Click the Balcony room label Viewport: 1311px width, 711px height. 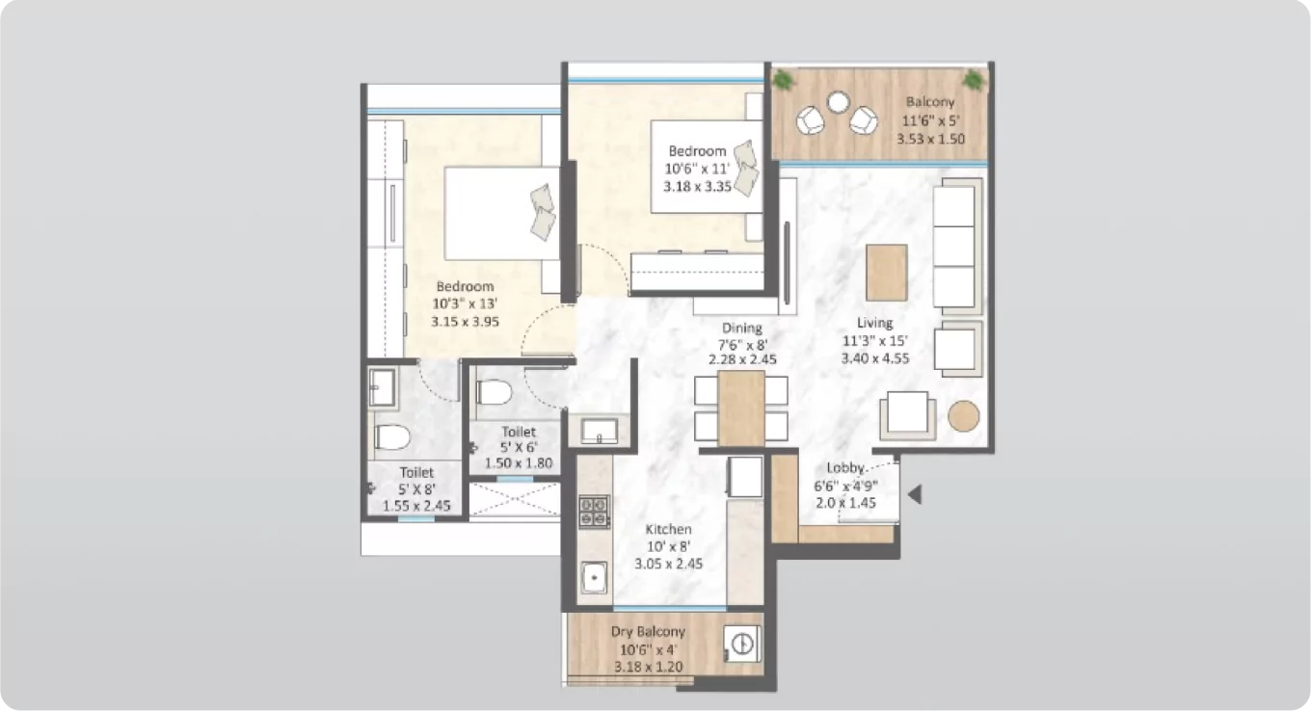coord(929,102)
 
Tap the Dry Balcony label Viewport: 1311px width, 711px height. coord(648,632)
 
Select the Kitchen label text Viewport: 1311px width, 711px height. coord(668,530)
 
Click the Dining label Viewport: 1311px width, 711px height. coord(740,329)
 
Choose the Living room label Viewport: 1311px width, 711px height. coord(875,324)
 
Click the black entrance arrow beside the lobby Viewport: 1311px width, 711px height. coord(916,495)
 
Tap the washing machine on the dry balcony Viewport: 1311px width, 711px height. coord(743,643)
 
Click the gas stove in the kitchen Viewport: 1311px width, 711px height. coord(593,511)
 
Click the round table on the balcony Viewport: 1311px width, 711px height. coord(838,102)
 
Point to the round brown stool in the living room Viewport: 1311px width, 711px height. coord(963,415)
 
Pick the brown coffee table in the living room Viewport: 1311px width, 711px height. coord(887,272)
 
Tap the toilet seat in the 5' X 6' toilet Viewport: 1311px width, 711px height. coord(494,393)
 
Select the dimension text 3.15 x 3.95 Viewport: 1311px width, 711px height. coord(465,322)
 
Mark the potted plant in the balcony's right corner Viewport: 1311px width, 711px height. coord(974,79)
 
